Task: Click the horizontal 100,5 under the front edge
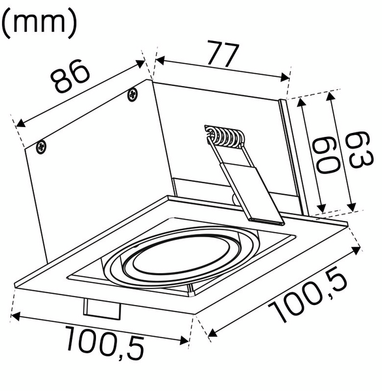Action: click(x=104, y=344)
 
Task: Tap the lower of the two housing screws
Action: click(x=42, y=146)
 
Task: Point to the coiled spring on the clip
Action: click(x=223, y=138)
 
